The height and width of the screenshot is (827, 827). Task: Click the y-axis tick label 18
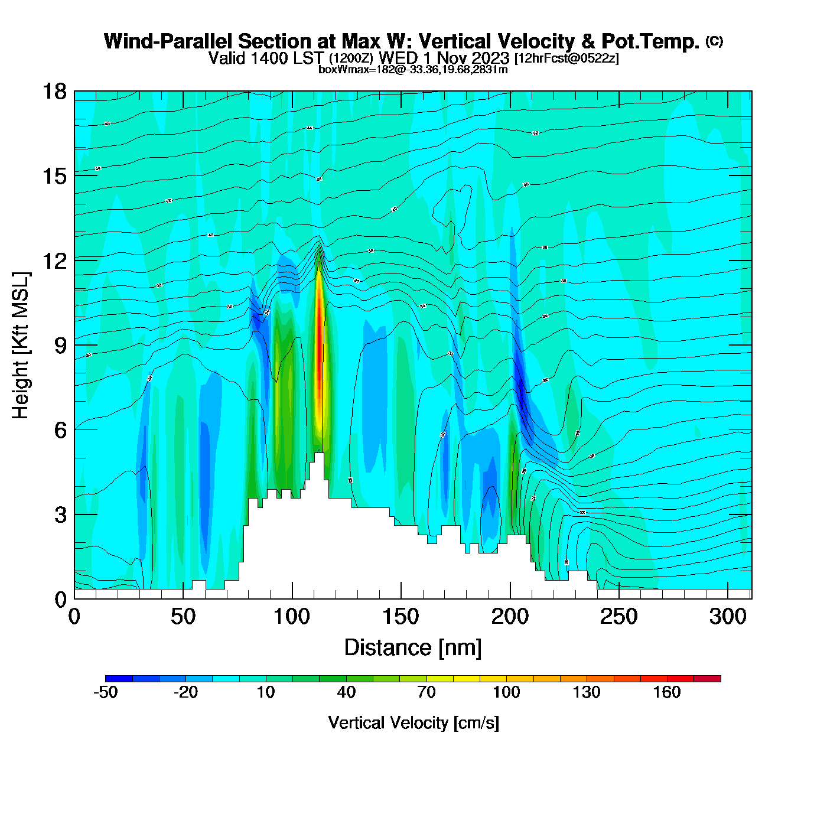pos(54,92)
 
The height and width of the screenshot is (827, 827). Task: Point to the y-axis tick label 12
pos(54,261)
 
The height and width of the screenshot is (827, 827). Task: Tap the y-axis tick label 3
pos(60,515)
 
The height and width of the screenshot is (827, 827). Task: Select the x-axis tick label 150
pos(401,617)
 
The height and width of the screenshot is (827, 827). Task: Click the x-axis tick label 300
pos(728,617)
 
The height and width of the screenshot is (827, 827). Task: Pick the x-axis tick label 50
pos(183,617)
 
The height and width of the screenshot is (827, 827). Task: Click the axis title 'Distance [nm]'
pos(413,647)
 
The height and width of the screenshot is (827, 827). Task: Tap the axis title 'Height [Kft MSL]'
pos(21,346)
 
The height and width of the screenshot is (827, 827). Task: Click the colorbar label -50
pos(105,692)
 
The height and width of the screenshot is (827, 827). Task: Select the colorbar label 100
pos(506,692)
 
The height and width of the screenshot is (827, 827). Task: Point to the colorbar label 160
pos(667,692)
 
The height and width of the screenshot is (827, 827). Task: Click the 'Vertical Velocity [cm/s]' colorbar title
pos(413,722)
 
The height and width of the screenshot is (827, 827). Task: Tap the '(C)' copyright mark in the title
pos(714,41)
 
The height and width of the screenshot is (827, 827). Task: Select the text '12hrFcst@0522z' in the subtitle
pos(567,58)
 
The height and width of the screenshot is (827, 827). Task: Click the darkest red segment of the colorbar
pos(707,679)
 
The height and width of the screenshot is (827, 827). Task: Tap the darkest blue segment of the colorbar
pos(119,679)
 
